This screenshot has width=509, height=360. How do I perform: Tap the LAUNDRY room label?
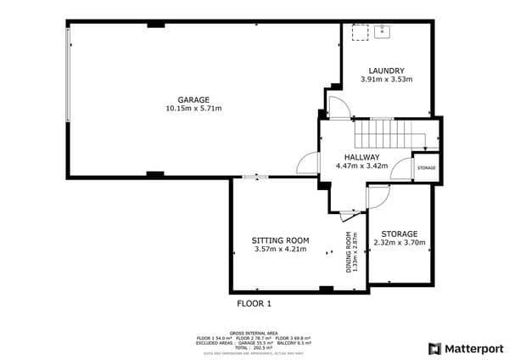(x=386, y=70)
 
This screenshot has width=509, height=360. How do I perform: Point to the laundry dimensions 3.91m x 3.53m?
(x=386, y=80)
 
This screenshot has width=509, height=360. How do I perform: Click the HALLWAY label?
(x=362, y=157)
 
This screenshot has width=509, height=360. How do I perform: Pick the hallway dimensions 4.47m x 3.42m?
(x=362, y=166)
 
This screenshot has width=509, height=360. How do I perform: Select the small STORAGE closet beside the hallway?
(x=426, y=168)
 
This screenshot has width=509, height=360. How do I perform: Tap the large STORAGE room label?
(x=399, y=233)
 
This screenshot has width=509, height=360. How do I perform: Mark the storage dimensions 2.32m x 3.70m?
(x=399, y=243)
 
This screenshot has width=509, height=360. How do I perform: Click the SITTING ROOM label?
(x=278, y=240)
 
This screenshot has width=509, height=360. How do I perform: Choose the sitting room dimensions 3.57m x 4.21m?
(x=278, y=250)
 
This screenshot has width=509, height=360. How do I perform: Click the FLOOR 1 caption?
(x=254, y=302)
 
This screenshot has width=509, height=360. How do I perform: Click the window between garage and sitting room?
(x=254, y=177)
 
